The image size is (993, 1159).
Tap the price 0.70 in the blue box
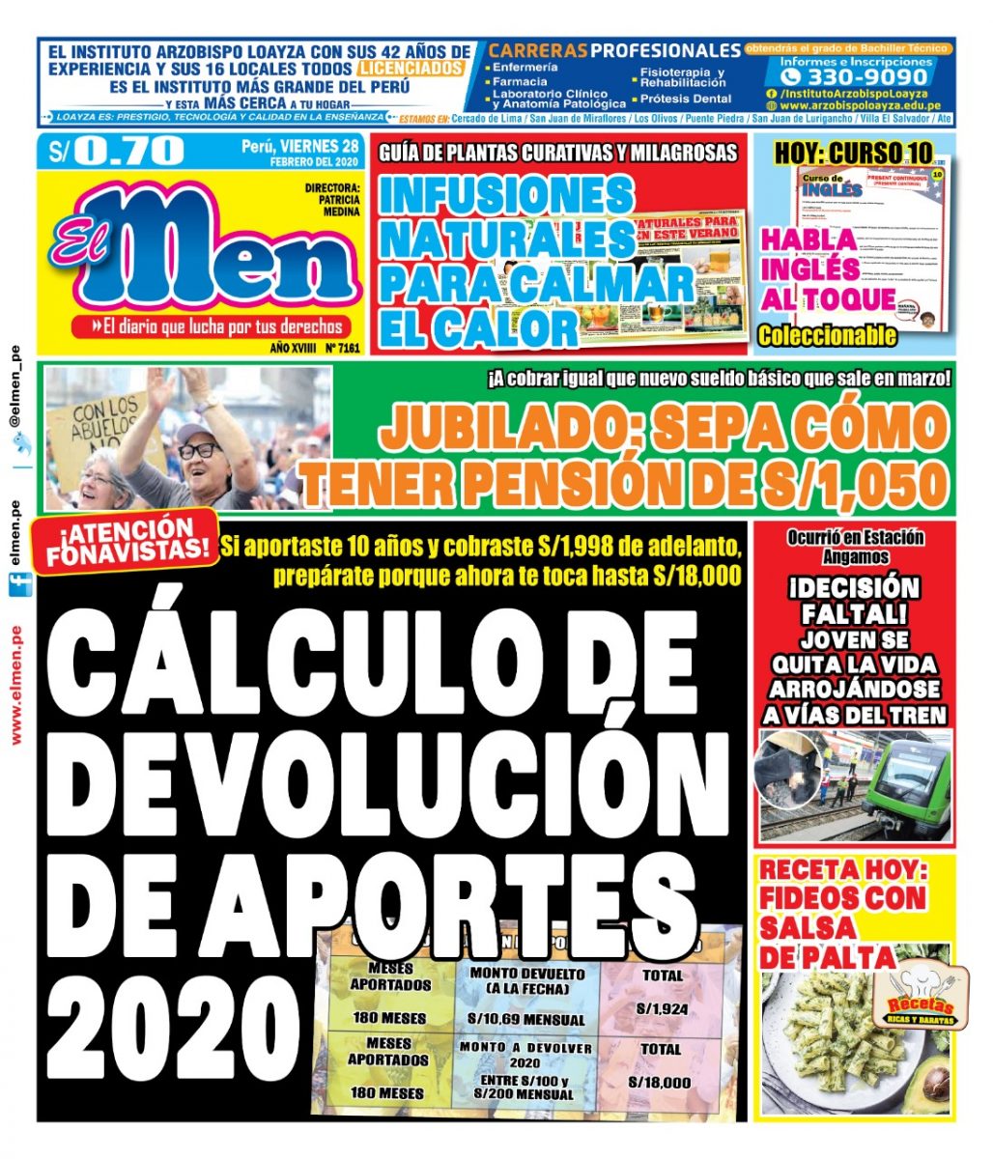pos(128,151)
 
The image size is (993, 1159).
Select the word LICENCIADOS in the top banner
pos(411,70)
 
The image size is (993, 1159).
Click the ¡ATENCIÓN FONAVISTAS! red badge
pos(124,541)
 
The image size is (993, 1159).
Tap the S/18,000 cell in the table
pos(659,1082)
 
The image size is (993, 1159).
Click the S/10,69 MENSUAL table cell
pos(526,1019)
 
